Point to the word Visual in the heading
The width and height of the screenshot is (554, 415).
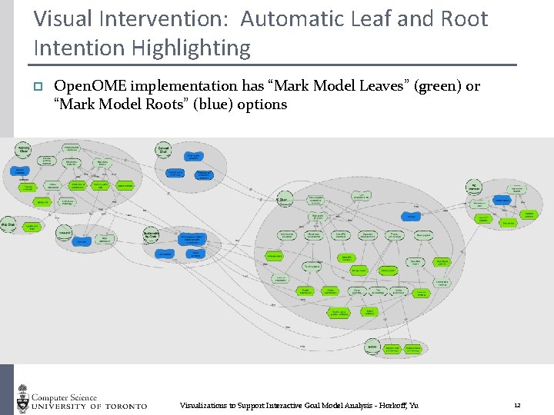coord(62,18)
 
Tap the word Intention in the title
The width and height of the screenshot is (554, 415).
coord(69,48)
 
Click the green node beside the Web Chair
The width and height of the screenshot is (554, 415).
coord(32,227)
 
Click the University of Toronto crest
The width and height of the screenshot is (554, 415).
coord(22,399)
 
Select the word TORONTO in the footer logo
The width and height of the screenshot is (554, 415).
coord(123,405)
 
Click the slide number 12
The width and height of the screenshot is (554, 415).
coord(517,405)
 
